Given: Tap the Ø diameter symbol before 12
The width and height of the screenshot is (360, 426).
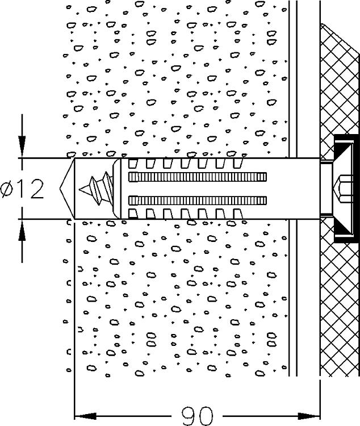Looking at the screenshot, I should click(x=10, y=189).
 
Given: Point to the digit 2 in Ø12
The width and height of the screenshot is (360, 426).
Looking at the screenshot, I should click(x=35, y=189).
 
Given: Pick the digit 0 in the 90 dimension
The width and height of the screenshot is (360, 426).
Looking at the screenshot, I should click(x=205, y=415).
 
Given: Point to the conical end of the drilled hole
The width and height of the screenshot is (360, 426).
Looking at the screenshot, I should click(x=67, y=188).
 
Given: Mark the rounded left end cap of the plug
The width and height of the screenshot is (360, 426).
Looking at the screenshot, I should click(x=118, y=188).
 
